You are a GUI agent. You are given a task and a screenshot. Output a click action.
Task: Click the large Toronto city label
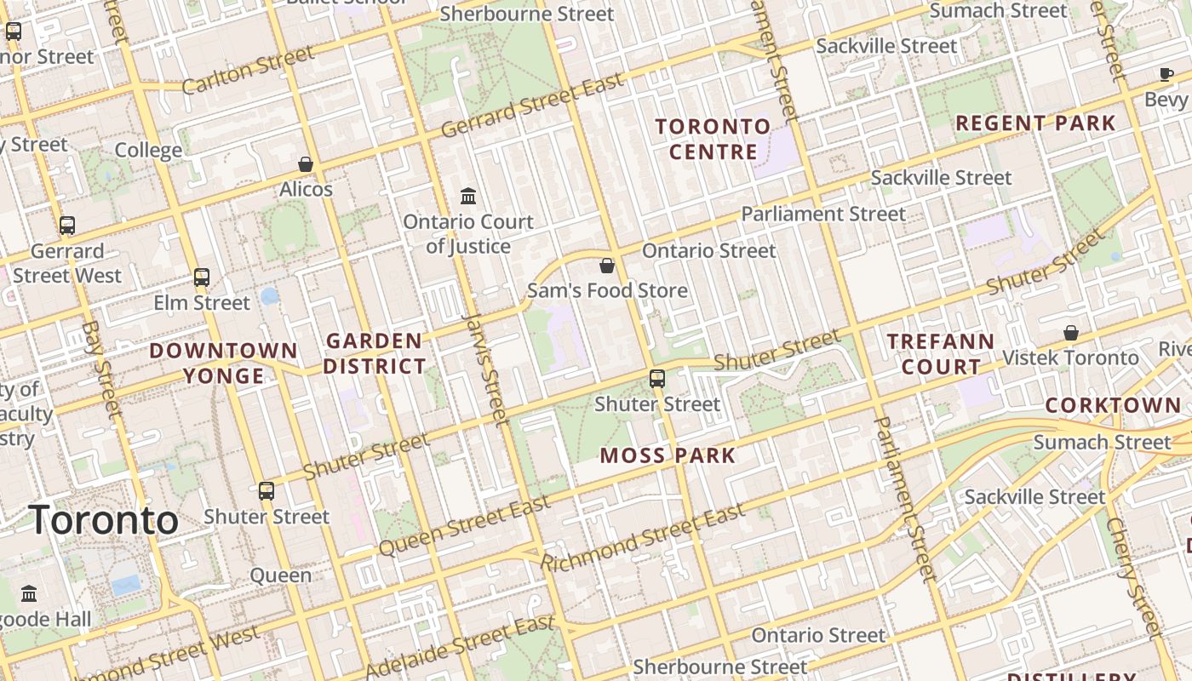coord(104,520)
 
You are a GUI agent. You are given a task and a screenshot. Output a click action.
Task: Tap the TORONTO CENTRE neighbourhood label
coord(713,140)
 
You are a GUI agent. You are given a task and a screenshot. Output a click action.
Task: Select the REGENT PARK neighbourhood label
coord(1035,123)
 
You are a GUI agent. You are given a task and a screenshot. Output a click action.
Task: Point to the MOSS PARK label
coord(668,455)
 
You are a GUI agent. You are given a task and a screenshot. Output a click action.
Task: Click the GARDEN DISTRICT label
coord(375,354)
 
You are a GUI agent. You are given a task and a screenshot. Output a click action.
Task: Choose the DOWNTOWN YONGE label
coord(224,363)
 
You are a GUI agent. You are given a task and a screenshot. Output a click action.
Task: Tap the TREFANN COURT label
coord(941,354)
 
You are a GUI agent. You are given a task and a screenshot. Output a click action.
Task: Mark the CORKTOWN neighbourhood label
coord(1113,405)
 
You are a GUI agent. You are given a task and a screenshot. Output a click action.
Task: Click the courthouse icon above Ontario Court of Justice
coord(468,197)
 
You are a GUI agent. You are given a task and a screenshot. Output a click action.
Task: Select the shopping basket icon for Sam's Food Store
coord(607,266)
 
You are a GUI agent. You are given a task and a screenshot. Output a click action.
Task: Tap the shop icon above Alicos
coord(306,163)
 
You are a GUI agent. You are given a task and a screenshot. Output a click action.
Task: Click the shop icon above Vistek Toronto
coord(1071,332)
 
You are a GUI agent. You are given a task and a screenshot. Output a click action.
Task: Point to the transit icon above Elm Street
coord(202,277)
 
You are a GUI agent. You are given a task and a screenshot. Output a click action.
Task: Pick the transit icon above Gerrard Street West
coord(67,226)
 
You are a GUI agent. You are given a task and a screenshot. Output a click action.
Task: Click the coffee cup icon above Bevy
coord(1166,75)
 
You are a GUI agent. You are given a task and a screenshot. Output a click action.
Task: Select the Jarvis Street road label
coord(485,368)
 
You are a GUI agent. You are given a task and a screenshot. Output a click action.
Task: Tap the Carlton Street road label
coord(247,71)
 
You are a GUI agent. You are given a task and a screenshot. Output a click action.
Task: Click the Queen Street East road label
coord(465,528)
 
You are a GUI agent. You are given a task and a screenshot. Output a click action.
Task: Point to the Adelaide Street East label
coord(460,647)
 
